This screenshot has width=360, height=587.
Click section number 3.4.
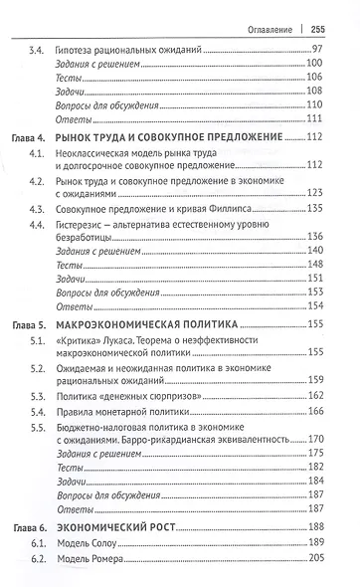coord(40,49)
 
